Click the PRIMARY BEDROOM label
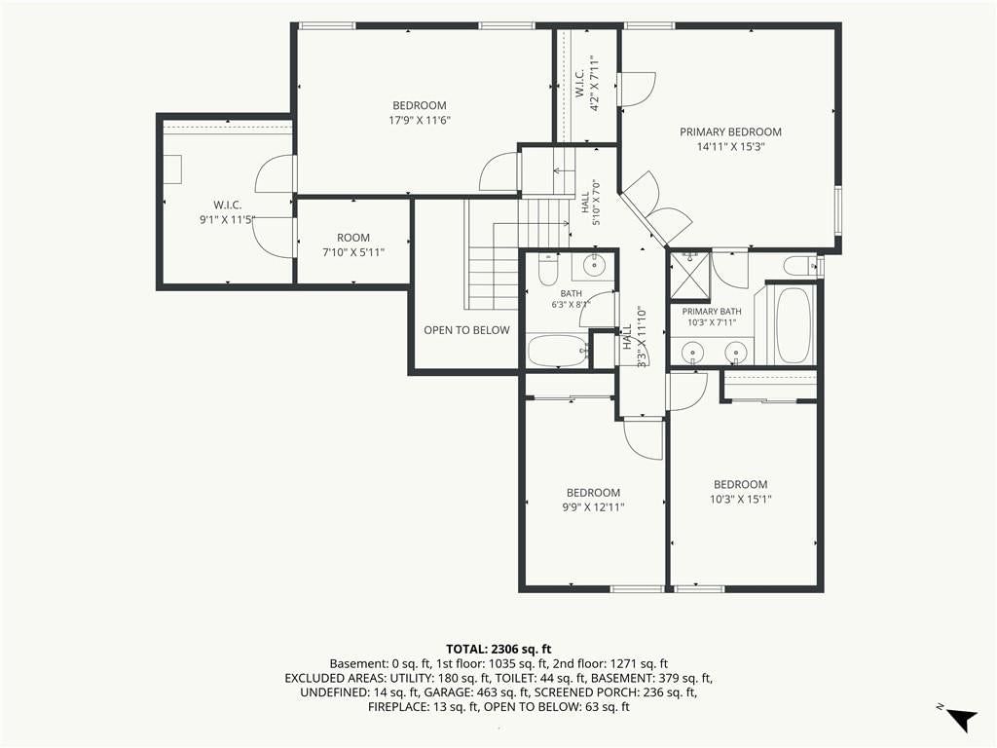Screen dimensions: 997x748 tap(730, 131)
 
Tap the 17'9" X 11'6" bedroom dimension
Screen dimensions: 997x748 tap(419, 120)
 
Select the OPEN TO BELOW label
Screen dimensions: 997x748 tap(466, 330)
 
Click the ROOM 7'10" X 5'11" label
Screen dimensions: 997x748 tap(353, 244)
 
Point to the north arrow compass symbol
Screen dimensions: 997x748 tap(961, 718)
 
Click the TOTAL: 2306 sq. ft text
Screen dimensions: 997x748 tap(498, 650)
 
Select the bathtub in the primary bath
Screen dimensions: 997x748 tap(794, 324)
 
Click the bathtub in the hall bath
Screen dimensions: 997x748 tap(558, 351)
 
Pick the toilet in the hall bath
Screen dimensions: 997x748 tap(547, 269)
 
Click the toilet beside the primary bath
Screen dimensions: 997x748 tap(798, 265)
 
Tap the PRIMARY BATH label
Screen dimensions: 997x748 tap(712, 312)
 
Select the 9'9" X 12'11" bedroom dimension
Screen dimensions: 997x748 tap(593, 506)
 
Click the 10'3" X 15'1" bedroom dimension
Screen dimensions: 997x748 tap(741, 500)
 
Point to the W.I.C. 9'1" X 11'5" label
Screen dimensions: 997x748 tap(228, 212)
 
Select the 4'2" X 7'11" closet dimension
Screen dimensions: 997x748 tap(595, 84)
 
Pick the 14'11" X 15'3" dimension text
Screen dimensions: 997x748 tap(730, 147)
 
